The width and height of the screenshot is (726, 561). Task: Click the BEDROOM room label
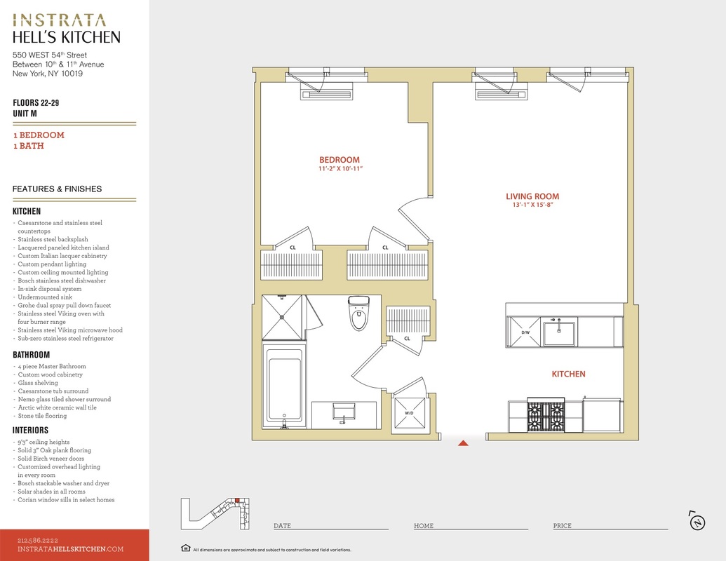point(340,160)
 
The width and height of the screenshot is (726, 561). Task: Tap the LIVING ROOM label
point(532,196)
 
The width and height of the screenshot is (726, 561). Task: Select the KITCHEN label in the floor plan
point(569,374)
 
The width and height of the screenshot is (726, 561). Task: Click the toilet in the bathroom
point(359,313)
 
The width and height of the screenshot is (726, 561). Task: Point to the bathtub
point(284,385)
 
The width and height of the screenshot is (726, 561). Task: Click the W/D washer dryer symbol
point(410,413)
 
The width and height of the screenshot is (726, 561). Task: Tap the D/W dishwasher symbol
point(525,332)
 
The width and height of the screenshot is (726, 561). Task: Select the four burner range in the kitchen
point(546,415)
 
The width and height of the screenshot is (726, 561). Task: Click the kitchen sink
point(559,332)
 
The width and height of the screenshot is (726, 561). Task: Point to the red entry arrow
point(463,443)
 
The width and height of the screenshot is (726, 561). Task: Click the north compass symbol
point(697,522)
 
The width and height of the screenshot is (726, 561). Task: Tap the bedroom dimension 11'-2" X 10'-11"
point(340,168)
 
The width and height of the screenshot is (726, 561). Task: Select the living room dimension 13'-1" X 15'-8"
point(532,205)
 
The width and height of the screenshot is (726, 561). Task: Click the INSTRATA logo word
point(59,20)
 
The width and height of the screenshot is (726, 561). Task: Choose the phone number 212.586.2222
point(38,540)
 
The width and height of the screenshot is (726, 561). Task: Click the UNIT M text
point(25,114)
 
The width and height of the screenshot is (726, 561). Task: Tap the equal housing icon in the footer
point(186,548)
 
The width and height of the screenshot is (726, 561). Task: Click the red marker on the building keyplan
point(237,501)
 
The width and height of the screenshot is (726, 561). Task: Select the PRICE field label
point(562,525)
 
